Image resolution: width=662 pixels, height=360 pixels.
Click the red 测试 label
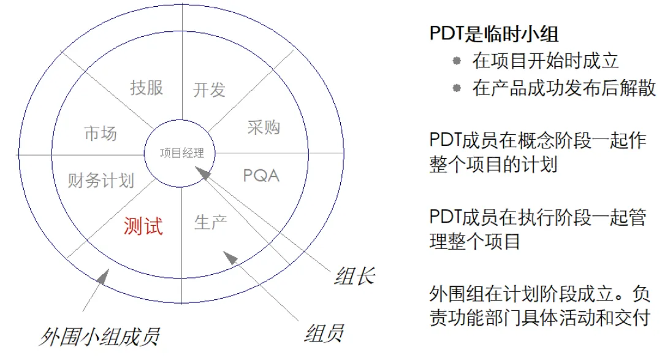tap(143, 226)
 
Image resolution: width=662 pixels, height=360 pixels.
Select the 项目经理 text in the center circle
tap(181, 153)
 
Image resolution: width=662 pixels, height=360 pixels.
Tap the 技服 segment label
tap(146, 87)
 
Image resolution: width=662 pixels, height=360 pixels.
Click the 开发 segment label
tap(210, 90)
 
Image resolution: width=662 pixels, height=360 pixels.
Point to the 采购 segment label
tap(264, 127)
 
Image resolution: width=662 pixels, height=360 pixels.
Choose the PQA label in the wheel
tap(261, 175)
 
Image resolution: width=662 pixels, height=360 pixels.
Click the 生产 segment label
tap(210, 222)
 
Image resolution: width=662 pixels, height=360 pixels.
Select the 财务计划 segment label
tap(101, 180)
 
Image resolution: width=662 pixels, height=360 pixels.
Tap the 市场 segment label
tap(100, 134)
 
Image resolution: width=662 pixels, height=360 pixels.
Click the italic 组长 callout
tap(354, 277)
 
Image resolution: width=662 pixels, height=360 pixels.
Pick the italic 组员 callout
tap(323, 334)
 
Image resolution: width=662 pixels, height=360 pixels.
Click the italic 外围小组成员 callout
tap(99, 336)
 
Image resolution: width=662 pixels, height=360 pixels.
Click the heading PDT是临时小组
tap(494, 34)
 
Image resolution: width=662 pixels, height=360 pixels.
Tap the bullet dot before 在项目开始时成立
tap(456, 60)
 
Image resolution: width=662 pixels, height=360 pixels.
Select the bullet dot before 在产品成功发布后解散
tap(456, 88)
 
